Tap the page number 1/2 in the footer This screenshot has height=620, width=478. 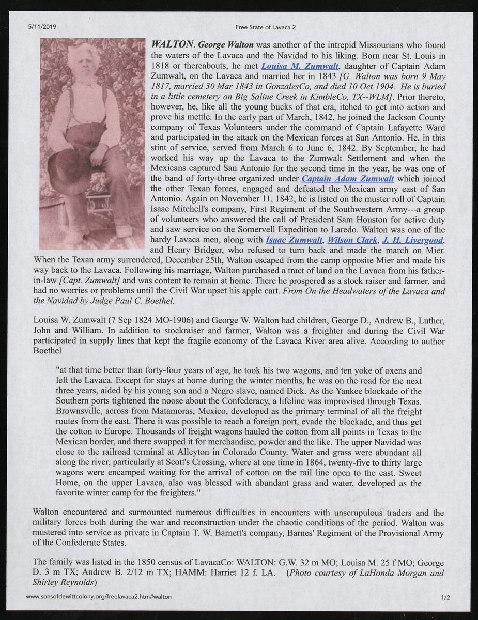(x=446, y=597)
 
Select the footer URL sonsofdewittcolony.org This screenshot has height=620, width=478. (x=99, y=597)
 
